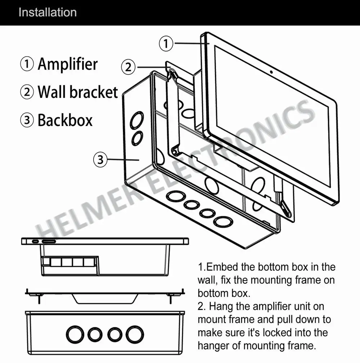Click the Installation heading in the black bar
[48, 12]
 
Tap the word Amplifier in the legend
[68, 64]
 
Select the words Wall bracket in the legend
[78, 92]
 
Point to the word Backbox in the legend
[65, 120]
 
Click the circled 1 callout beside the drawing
[166, 44]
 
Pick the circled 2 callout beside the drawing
[128, 67]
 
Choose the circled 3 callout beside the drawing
[100, 160]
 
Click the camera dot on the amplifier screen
[271, 72]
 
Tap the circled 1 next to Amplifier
[27, 64]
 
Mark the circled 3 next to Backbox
[27, 120]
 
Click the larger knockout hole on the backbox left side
[137, 120]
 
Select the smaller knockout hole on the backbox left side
[137, 138]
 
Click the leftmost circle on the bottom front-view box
[75, 335]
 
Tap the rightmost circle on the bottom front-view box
[135, 335]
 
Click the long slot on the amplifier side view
[49, 241]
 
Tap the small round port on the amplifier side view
[35, 241]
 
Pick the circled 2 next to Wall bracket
[27, 92]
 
